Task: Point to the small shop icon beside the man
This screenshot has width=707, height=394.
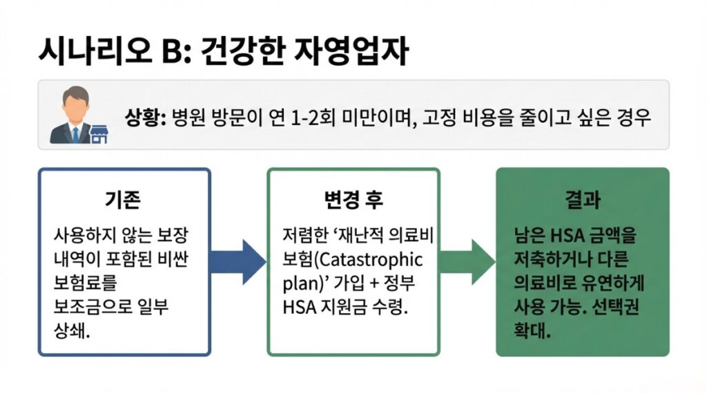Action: (99, 133)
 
